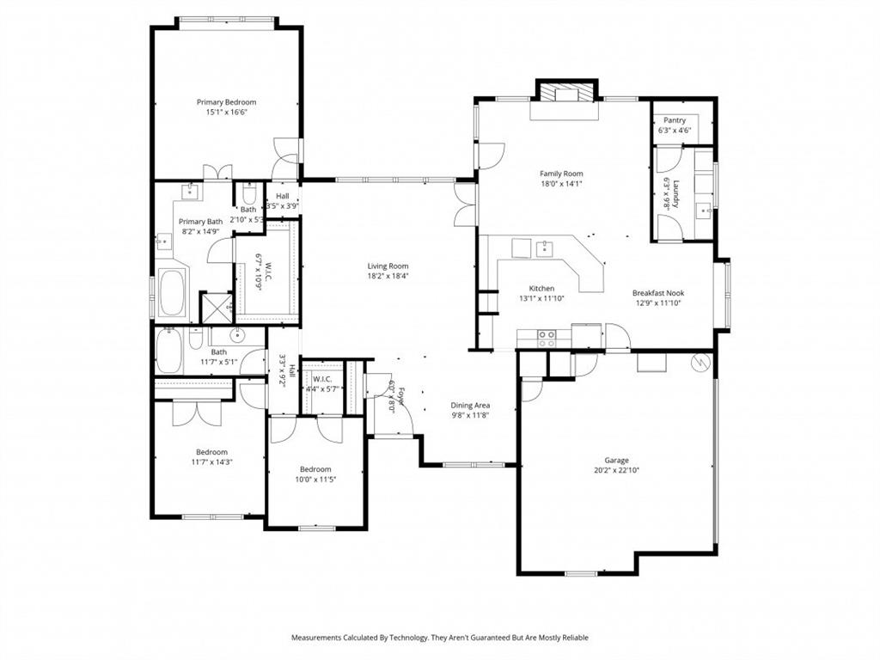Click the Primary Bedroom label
click(x=226, y=102)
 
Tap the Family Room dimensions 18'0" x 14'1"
click(x=561, y=183)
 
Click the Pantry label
click(x=674, y=120)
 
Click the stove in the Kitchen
click(x=547, y=339)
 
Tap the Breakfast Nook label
click(x=658, y=293)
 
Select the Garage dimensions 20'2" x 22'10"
click(x=616, y=470)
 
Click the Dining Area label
click(x=470, y=405)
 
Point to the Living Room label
click(x=388, y=266)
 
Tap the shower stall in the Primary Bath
click(x=216, y=307)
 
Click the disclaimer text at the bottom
click(x=439, y=638)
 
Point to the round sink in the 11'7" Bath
click(x=239, y=335)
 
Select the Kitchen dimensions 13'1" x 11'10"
click(x=541, y=299)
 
